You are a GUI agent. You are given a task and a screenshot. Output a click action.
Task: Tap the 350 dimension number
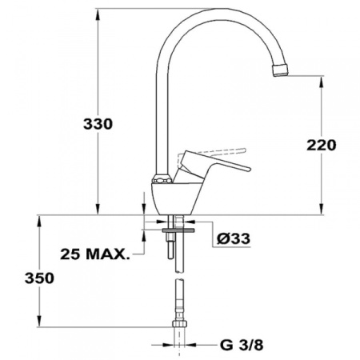click(x=39, y=278)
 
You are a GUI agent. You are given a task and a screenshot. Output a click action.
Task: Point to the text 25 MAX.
click(x=94, y=254)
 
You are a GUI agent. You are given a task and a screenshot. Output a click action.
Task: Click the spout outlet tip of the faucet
click(x=281, y=70)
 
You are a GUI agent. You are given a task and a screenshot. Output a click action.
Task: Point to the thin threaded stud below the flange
click(x=170, y=246)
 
